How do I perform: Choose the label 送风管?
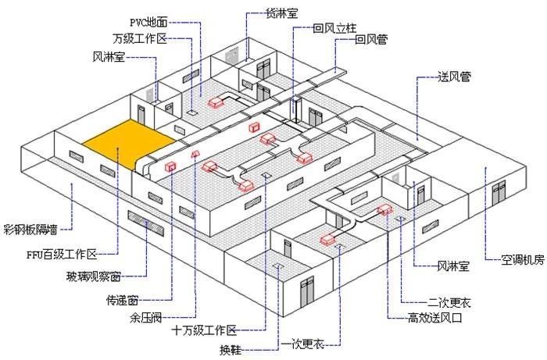(x=455, y=77)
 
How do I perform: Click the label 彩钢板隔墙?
(x=30, y=230)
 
